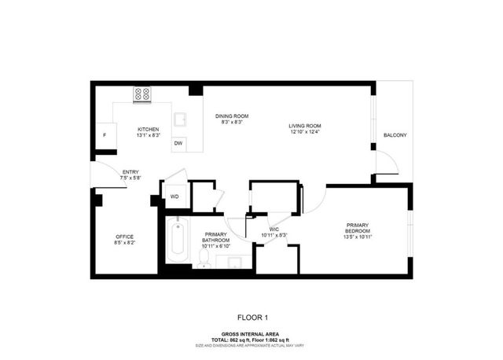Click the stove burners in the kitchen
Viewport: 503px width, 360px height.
[x=143, y=94]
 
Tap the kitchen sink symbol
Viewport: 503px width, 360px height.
[x=180, y=120]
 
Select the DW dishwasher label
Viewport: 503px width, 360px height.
[x=178, y=143]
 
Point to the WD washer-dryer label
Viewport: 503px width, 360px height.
[x=174, y=196]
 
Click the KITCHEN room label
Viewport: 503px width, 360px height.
[x=149, y=129]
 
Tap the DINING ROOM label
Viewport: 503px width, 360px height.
[x=232, y=116]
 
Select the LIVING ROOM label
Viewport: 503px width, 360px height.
[x=304, y=126]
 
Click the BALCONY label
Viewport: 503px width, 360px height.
[x=395, y=136]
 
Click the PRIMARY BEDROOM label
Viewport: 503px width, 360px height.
[x=358, y=228]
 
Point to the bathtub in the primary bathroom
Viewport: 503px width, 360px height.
[x=177, y=240]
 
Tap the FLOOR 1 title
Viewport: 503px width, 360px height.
[x=251, y=318]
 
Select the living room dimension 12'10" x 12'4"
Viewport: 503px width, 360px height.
[x=304, y=132]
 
